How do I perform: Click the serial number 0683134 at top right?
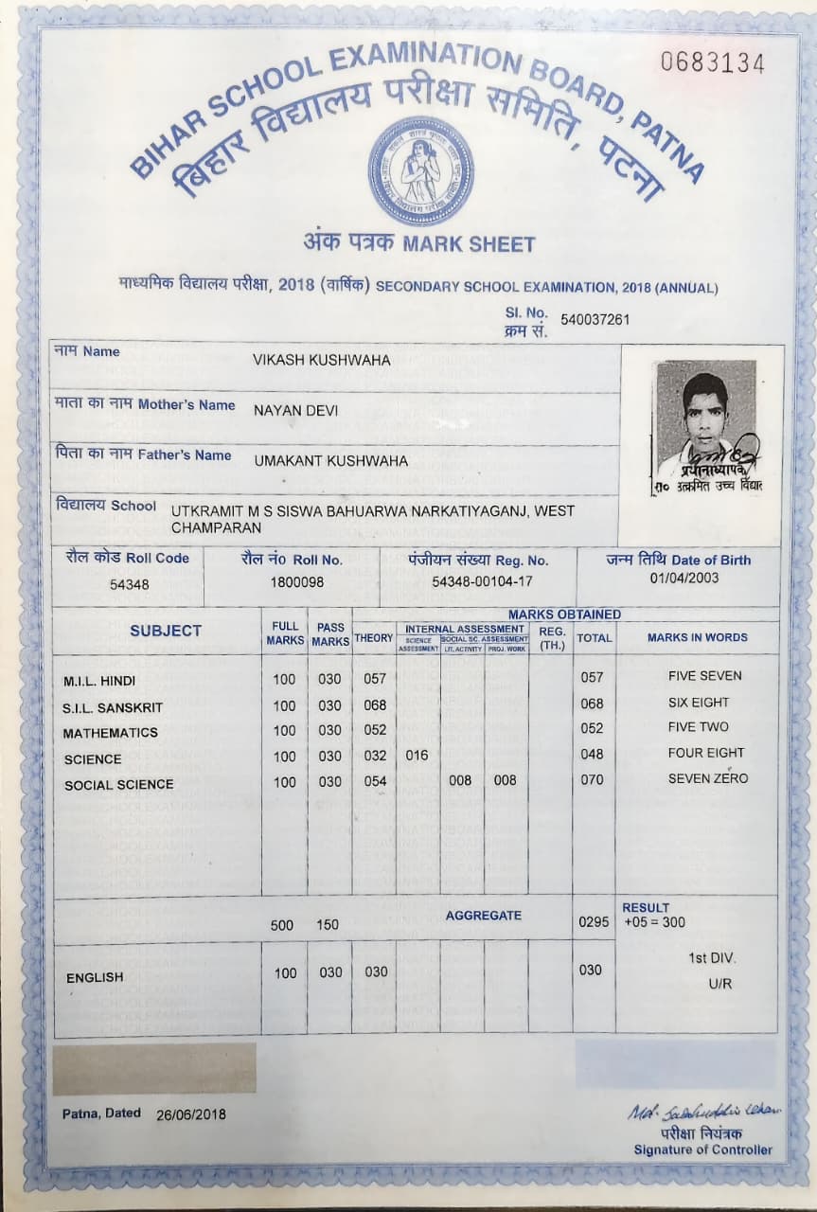(x=712, y=63)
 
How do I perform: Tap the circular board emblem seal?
(x=420, y=170)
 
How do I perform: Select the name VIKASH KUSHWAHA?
(x=322, y=360)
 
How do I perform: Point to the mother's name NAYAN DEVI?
(x=295, y=411)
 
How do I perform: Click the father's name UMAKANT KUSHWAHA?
(x=331, y=461)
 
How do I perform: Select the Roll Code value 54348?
(x=129, y=584)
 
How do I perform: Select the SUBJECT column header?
(x=166, y=631)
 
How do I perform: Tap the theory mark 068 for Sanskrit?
(x=375, y=704)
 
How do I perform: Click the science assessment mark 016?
(x=417, y=756)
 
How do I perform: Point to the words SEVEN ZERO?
(x=708, y=778)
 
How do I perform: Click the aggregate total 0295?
(x=594, y=920)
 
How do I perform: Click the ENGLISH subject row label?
(x=95, y=977)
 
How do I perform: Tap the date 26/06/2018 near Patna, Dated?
(x=191, y=1114)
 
